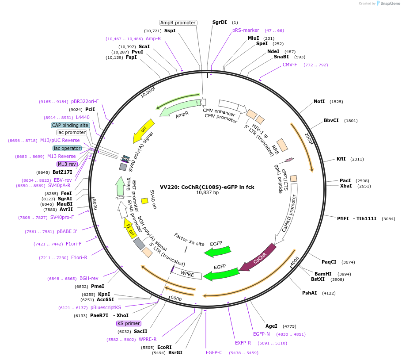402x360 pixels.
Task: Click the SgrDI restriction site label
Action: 219,22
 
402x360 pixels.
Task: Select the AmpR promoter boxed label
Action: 178,23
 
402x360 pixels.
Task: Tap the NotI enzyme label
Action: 319,101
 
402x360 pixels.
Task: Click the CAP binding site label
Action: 70,125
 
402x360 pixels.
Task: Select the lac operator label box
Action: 67,148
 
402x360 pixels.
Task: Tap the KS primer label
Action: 129,323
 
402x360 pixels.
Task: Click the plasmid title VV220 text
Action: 207,187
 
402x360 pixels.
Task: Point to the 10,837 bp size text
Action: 207,193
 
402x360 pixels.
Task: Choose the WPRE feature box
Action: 188,274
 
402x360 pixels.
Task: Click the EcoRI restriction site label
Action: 164,347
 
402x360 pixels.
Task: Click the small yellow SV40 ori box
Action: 144,201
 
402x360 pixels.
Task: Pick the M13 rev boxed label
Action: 67,164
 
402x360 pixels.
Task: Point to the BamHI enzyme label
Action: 323,274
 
